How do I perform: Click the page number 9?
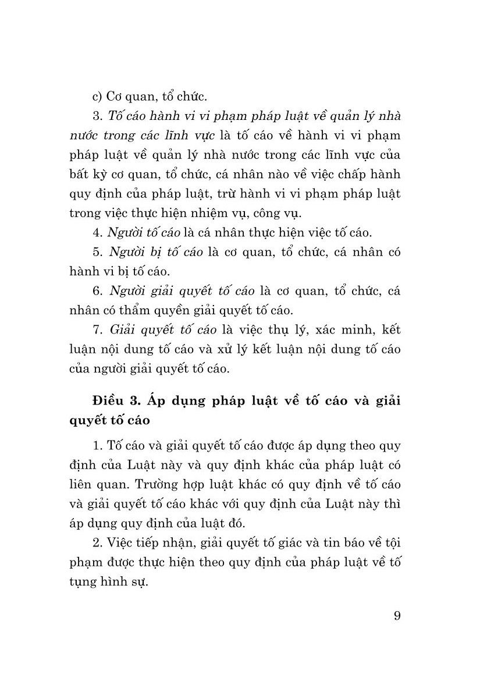pos(397,616)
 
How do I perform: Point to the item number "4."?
pos(97,233)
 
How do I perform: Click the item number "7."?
pos(97,330)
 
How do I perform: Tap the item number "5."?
pos(97,253)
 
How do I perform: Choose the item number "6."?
pos(97,290)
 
